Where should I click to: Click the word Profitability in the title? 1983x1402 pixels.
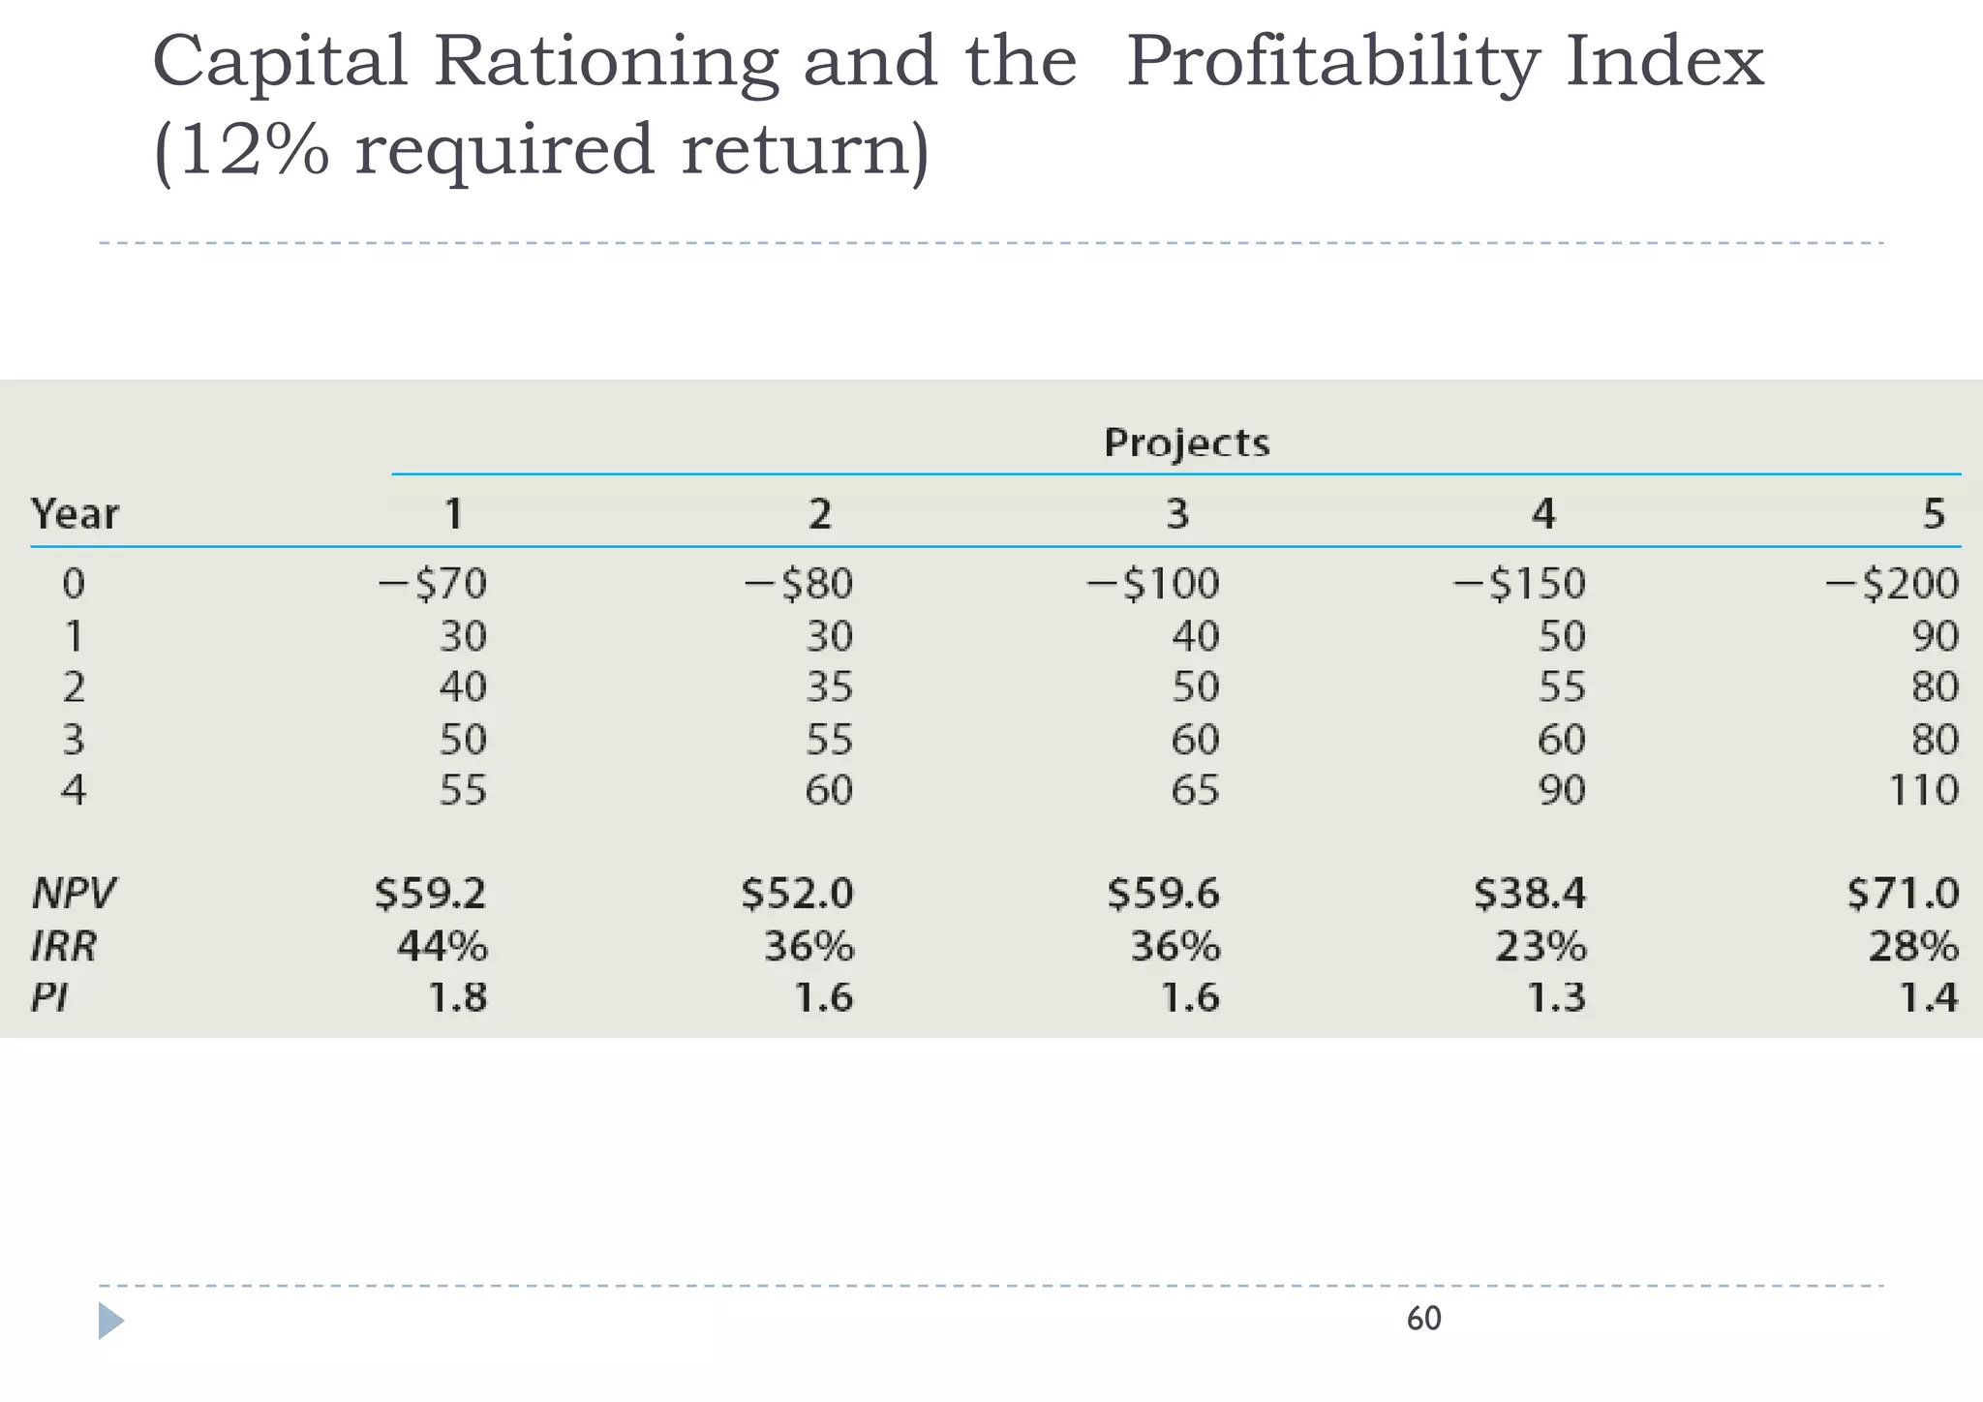pos(1332,63)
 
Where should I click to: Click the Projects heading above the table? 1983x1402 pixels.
pos(1186,442)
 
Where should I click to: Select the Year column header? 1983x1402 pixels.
pos(75,513)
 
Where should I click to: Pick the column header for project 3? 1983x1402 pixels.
pos(1176,513)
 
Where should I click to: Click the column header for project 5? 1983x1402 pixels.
pos(1933,513)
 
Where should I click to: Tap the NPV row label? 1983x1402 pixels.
pos(73,893)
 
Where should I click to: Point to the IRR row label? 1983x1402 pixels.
pos(64,945)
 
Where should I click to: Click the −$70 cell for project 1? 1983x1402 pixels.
pos(432,584)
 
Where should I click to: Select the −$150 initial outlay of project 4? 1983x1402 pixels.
pos(1519,584)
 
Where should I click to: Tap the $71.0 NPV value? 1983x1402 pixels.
pos(1903,893)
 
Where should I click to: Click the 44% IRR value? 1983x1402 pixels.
pos(442,945)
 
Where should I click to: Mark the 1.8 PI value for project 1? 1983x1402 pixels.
pos(457,997)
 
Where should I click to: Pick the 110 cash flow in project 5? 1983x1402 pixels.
pos(1923,790)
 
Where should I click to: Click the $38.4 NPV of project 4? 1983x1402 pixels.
pos(1530,893)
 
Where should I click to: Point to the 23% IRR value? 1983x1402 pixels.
pos(1541,945)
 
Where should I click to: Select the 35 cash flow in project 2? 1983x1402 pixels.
pos(829,687)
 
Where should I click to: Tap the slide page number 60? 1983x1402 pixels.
pos(1423,1319)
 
